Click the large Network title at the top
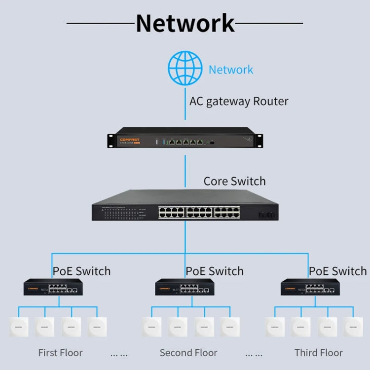185,23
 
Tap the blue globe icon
185,69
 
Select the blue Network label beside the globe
230,70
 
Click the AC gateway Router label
239,102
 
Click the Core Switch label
234,181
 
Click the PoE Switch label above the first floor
81,271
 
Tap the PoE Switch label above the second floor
215,271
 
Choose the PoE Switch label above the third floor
338,271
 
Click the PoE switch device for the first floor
53,288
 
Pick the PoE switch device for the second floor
185,288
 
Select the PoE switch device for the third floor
310,288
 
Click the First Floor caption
60,353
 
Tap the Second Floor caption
188,353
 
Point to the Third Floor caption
318,353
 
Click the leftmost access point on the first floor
18,327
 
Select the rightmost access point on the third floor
353,327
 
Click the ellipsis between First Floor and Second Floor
119,354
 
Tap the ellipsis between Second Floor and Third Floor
254,354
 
